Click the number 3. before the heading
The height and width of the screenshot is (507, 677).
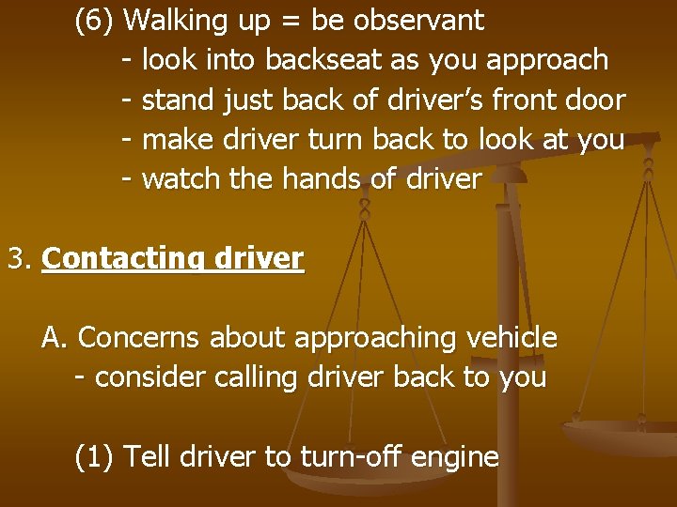coord(20,258)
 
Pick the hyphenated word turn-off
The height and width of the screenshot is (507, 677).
coord(353,457)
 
